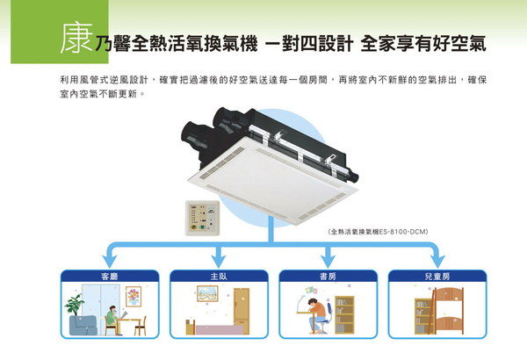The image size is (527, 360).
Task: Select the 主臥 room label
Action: [218, 276]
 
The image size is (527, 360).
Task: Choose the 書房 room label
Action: [328, 276]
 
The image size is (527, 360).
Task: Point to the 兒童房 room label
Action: [436, 276]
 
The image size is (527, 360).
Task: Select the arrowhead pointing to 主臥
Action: [218, 261]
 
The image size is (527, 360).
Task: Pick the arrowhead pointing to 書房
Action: [328, 261]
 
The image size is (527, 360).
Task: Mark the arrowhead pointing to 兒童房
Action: [437, 261]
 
